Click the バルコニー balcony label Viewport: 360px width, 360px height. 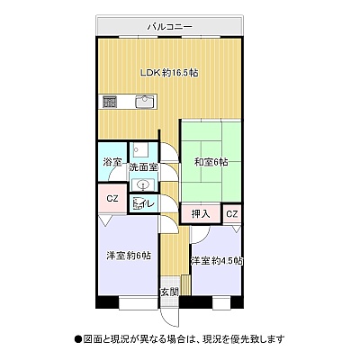[x=169, y=27]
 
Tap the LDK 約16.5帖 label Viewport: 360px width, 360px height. [x=169, y=73]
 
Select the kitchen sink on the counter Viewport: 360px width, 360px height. [x=146, y=102]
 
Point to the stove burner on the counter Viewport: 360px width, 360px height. [x=110, y=102]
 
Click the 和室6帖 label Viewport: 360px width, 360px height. [x=211, y=162]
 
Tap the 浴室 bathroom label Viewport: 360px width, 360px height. [x=112, y=162]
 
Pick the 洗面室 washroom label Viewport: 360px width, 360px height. [x=143, y=167]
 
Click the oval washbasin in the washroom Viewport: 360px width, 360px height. [x=143, y=184]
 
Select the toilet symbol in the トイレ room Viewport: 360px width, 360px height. [x=138, y=203]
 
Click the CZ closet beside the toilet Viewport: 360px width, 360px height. [x=112, y=199]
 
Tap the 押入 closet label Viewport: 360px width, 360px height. [x=201, y=214]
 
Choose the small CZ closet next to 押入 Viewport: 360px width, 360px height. [x=232, y=214]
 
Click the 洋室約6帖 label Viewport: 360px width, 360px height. [x=129, y=256]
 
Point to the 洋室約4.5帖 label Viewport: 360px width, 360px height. [x=217, y=260]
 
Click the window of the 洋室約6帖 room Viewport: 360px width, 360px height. [x=139, y=303]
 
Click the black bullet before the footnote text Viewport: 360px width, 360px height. [x=78, y=339]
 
